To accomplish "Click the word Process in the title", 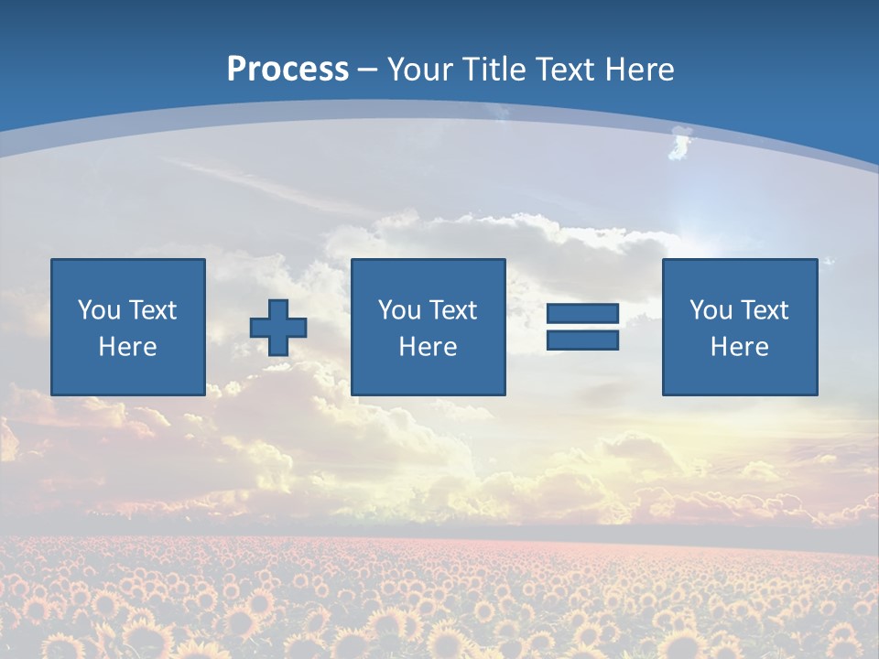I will click(x=288, y=70).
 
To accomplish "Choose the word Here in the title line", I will click(x=642, y=70).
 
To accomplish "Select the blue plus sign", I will click(x=278, y=327).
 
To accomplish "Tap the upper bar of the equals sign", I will click(x=582, y=314).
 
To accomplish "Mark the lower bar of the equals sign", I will click(x=582, y=340).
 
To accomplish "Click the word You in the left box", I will click(x=99, y=310).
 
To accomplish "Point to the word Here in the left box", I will click(x=127, y=347).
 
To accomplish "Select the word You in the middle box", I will click(x=399, y=310).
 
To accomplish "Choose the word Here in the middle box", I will click(x=428, y=347).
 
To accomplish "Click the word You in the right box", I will click(x=711, y=310).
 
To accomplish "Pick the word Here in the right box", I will click(x=739, y=347).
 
